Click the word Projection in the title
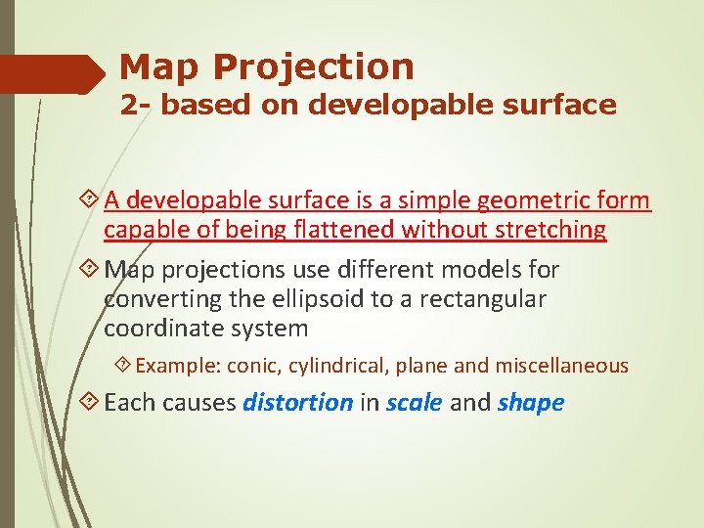coord(313,67)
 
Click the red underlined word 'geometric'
coord(537,200)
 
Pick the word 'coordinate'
coord(160,328)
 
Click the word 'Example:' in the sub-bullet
coord(178,366)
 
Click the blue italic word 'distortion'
coord(297,403)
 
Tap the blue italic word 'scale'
coord(415,403)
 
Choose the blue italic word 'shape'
coord(531,403)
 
